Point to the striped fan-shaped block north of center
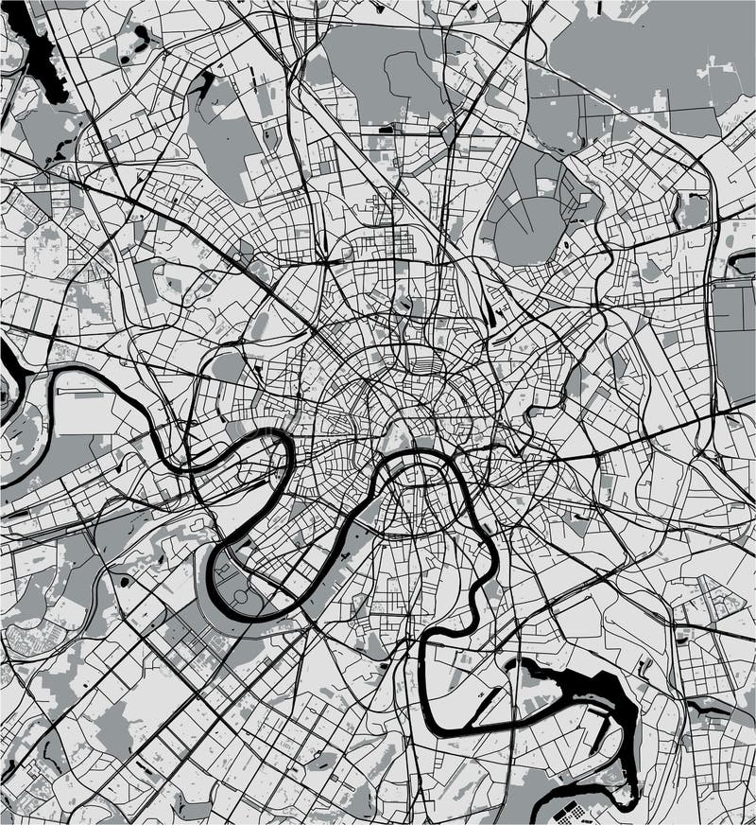[428, 362]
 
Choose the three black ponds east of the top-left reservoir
[142, 38]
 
